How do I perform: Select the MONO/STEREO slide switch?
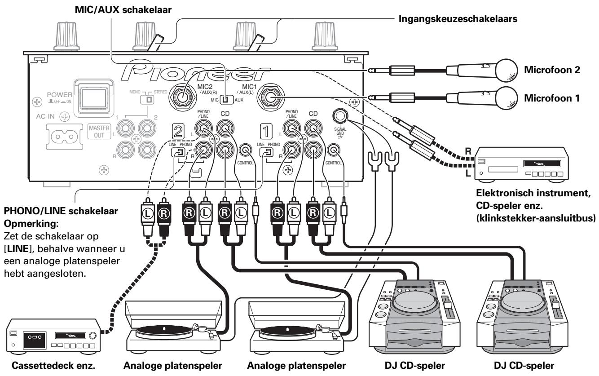point(145,98)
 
